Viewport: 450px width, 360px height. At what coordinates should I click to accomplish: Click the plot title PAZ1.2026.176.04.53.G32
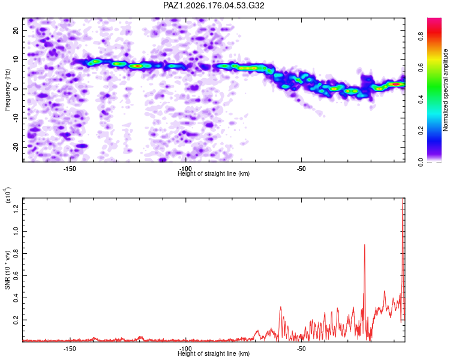(214, 5)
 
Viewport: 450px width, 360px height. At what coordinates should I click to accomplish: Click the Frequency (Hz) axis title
(7, 90)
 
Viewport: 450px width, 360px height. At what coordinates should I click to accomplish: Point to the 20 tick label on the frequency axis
(16, 30)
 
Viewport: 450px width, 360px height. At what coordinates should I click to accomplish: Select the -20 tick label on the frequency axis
(16, 147)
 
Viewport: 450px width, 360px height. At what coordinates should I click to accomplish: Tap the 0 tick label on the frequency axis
(16, 89)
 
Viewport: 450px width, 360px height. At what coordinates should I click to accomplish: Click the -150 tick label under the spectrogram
(70, 169)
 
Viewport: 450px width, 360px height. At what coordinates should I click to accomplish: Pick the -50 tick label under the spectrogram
(301, 169)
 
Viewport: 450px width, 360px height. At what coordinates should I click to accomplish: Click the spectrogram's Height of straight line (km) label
(214, 173)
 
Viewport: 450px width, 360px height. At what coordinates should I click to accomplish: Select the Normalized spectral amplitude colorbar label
(445, 90)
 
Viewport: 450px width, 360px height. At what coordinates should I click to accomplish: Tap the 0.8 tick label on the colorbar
(421, 37)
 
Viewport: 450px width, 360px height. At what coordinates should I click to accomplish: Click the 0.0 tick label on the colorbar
(421, 162)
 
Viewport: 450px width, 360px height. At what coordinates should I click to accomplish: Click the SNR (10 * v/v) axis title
(7, 270)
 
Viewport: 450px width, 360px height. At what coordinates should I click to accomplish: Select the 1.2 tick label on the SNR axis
(16, 209)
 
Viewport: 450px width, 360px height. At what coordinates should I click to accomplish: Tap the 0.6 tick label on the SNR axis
(16, 275)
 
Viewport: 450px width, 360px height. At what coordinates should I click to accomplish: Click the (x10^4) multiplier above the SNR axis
(7, 196)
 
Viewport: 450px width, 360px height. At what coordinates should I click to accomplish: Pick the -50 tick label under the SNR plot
(301, 349)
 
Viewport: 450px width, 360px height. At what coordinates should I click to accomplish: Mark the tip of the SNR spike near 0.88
(364, 245)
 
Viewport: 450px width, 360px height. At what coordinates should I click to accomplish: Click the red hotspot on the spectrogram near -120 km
(138, 66)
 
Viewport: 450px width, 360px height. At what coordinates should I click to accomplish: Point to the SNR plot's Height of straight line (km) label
(214, 353)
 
